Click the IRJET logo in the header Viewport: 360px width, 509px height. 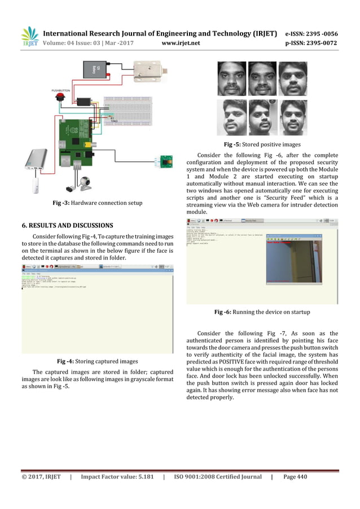coord(29,36)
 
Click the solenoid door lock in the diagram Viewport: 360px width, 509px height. coord(148,71)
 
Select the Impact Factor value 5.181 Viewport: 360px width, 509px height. coord(139,477)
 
